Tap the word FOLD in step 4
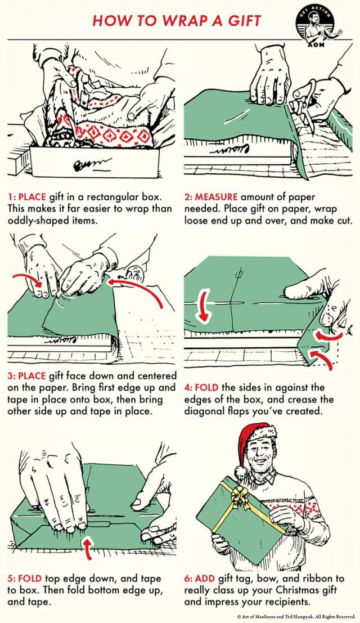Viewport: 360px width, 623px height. coord(206,388)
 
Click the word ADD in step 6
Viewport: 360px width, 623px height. coord(206,579)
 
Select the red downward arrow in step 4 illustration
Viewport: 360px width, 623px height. coord(200,310)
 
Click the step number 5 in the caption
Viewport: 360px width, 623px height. coord(11,579)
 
